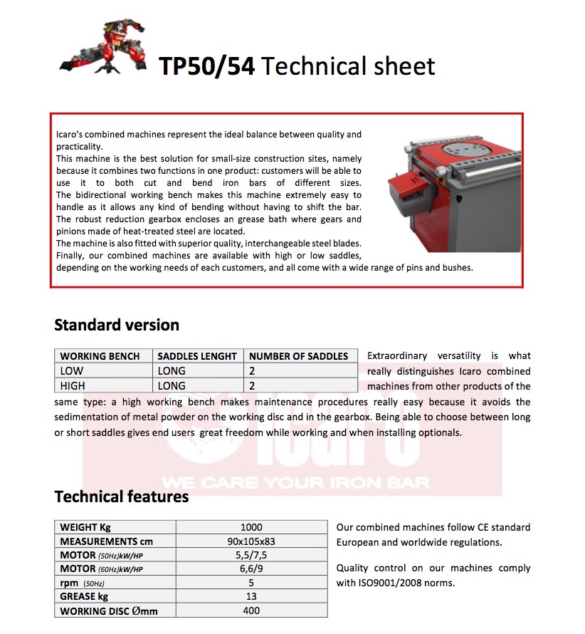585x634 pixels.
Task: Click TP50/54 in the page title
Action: (206, 66)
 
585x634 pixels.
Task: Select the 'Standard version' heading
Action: (117, 326)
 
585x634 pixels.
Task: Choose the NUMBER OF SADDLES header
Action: (299, 356)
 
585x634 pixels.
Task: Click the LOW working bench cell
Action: (72, 371)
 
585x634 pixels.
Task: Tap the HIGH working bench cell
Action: (73, 386)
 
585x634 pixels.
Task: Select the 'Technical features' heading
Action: (122, 497)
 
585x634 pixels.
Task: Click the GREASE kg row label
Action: (84, 597)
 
